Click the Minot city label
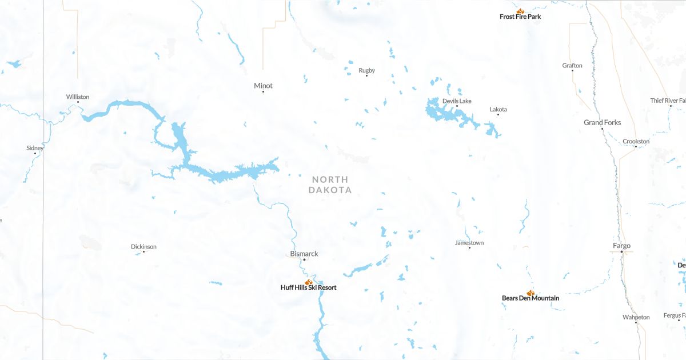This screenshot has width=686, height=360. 263,86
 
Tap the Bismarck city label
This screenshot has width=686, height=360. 304,254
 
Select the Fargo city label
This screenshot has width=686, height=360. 621,246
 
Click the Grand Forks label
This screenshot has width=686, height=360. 602,122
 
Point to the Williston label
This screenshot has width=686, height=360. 78,97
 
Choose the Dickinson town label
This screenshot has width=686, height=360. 143,246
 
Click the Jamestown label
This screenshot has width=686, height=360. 469,243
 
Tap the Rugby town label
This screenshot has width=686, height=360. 366,70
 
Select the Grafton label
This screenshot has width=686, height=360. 572,65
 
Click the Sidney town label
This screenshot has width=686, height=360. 35,148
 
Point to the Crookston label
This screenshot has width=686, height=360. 636,141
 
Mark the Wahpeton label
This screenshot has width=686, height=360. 636,317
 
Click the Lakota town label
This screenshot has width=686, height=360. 498,109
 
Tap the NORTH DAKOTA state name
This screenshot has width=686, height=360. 330,185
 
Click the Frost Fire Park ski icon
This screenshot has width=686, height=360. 520,10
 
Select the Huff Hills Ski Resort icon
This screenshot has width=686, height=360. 309,282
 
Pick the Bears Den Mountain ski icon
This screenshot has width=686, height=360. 531,293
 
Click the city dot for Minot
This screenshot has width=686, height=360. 263,92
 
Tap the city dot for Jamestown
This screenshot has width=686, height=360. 469,248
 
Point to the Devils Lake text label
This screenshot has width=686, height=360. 457,101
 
